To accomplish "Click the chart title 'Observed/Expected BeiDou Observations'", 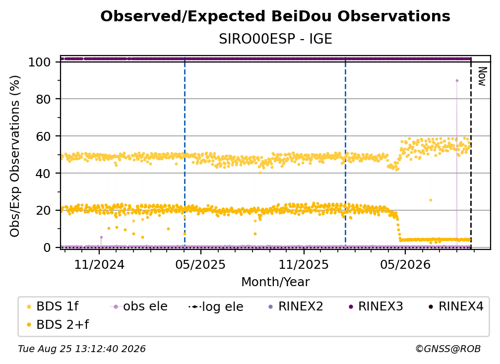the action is (275, 16).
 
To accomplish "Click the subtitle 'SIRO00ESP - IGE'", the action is (275, 39).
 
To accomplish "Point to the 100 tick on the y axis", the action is (40, 62).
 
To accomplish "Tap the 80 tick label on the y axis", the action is (43, 100).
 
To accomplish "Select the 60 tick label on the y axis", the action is (43, 136).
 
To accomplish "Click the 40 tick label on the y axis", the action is (43, 174).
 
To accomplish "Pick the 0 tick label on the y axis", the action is (47, 247).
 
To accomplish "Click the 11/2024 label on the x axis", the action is (99, 264).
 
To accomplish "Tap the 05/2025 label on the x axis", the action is (200, 264).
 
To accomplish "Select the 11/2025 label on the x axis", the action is (304, 264).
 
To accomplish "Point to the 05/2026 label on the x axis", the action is (405, 264).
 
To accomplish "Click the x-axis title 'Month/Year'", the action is (275, 282).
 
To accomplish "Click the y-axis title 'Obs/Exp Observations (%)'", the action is (15, 156).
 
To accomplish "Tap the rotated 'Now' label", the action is (482, 76).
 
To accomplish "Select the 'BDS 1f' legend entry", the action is (53, 306).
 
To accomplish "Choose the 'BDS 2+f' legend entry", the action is (58, 324).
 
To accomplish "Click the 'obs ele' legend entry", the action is (139, 306).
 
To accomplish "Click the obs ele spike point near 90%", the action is (457, 81).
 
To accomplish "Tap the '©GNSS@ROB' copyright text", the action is (448, 349).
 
